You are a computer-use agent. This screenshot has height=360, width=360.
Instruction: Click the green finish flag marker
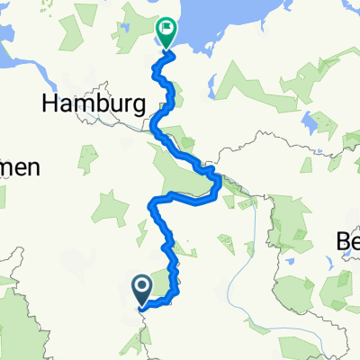click(166, 32)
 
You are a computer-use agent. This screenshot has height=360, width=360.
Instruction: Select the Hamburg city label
click(94, 104)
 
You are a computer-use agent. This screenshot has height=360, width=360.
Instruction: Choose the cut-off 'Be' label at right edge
click(346, 242)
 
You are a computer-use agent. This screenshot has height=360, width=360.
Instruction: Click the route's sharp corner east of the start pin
click(177, 291)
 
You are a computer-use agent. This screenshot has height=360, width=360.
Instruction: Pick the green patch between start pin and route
click(160, 280)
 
